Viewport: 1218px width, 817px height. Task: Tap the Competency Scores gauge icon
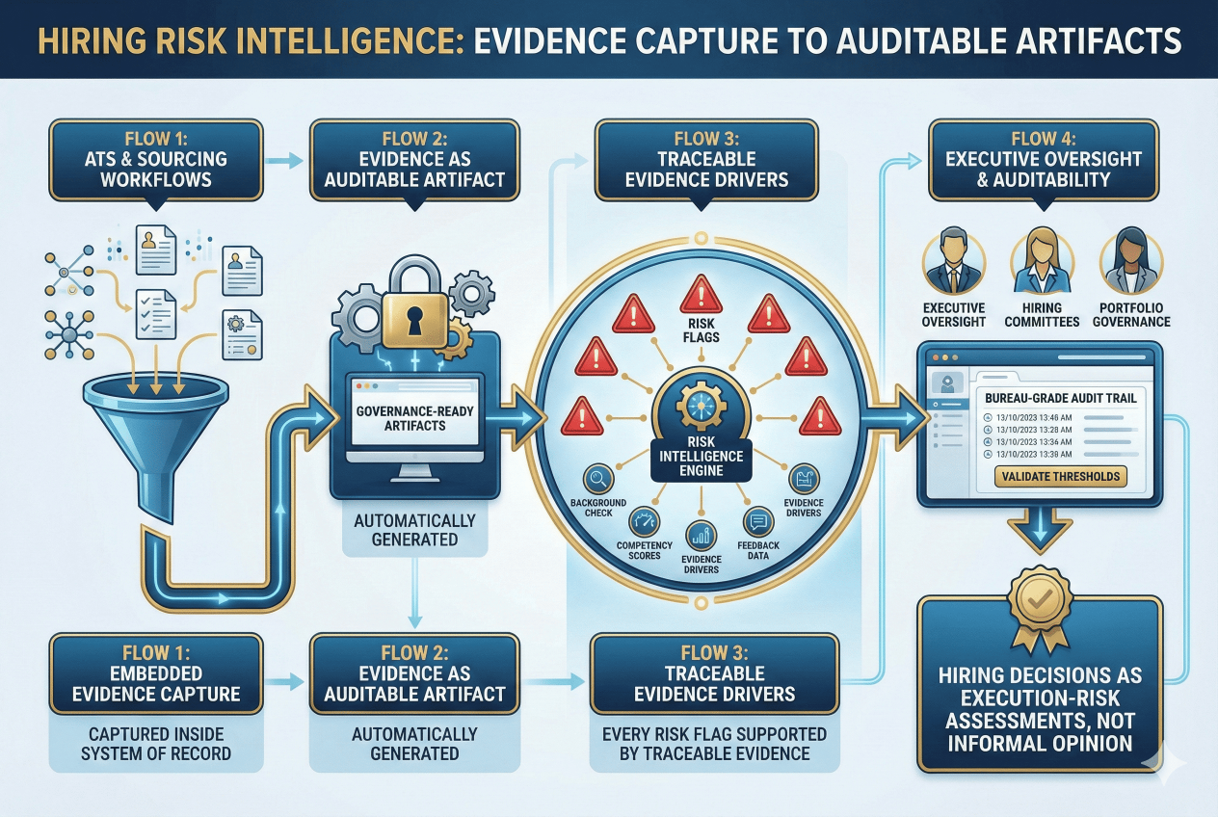click(645, 522)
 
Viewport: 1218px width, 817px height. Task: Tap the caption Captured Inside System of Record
click(155, 742)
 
